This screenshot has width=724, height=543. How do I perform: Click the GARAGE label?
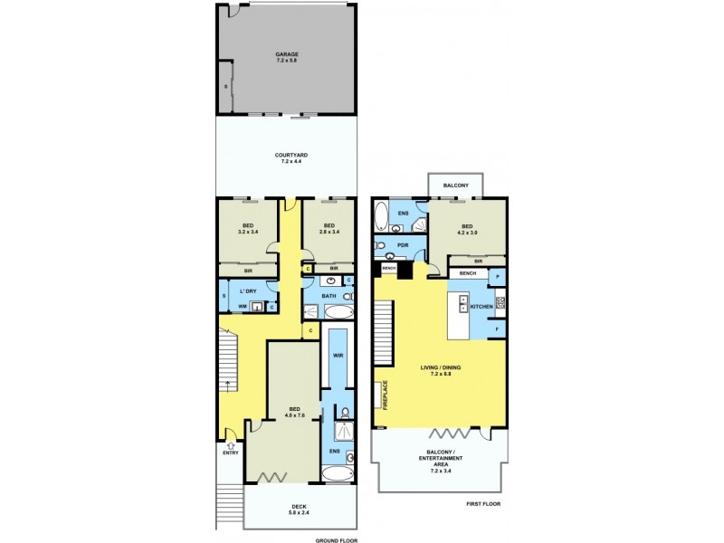(x=287, y=54)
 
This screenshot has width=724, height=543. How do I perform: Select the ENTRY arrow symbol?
(x=230, y=444)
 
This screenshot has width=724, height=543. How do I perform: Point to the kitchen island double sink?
(x=463, y=303)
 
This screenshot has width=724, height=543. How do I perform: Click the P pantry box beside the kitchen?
(x=498, y=275)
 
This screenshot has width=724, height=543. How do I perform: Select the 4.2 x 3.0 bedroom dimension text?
(x=467, y=232)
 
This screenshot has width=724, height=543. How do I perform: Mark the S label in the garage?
(x=225, y=86)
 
